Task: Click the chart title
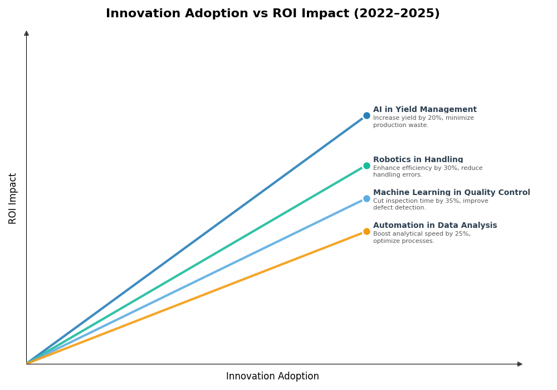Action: pos(272,13)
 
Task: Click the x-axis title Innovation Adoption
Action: pos(272,377)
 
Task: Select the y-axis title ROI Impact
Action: pos(13,198)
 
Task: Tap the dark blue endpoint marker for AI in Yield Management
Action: pos(367,116)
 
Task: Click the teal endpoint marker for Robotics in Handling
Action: pos(367,165)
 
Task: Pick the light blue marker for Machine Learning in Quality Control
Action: pos(367,199)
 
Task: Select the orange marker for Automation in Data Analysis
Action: pos(367,232)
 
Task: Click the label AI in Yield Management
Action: pos(424,110)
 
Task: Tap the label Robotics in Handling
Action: pos(418,160)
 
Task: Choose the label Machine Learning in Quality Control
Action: pos(451,193)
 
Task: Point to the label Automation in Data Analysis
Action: pos(434,226)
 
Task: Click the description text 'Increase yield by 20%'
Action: pos(423,118)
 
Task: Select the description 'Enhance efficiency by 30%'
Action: pos(427,168)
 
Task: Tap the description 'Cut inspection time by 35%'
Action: pos(430,201)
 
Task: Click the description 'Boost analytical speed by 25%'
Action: pos(422,234)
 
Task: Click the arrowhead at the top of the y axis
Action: pos(26,33)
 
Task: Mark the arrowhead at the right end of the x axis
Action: pos(520,364)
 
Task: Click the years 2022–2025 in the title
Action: pos(397,13)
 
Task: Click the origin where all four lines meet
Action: pos(27,363)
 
